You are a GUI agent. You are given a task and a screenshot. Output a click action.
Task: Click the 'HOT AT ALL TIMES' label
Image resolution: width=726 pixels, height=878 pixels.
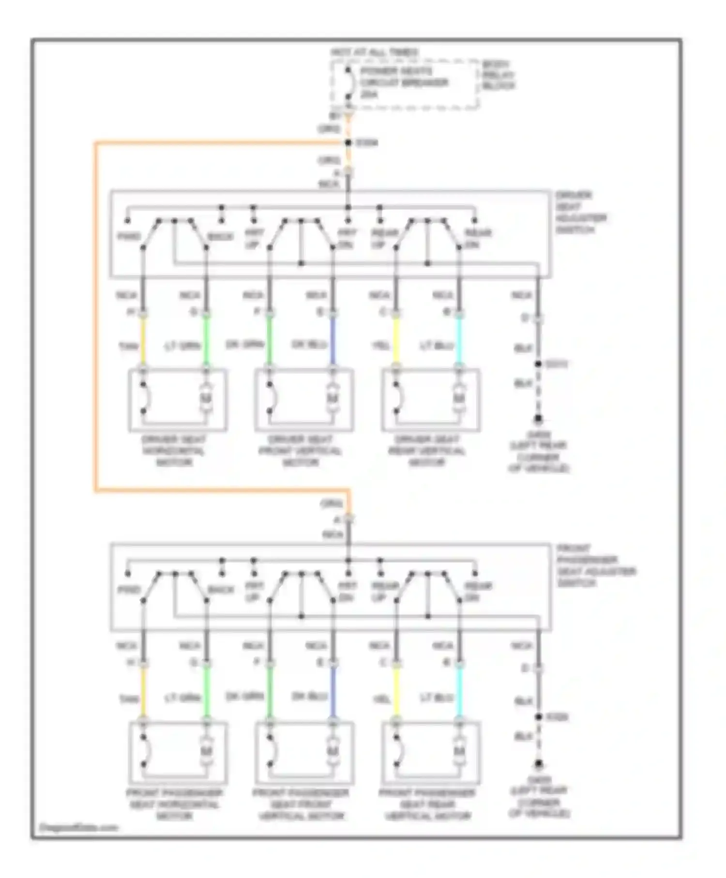[x=375, y=52]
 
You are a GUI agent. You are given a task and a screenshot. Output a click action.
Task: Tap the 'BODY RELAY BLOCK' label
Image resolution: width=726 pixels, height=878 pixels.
[x=498, y=75]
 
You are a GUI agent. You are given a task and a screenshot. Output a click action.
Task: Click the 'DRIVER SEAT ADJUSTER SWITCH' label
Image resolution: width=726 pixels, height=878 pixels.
[x=580, y=212]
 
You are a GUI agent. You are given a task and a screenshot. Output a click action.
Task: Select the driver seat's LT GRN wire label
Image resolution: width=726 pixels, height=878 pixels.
[x=182, y=346]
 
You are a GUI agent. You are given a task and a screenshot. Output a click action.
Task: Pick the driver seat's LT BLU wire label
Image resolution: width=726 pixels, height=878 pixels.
[x=437, y=346]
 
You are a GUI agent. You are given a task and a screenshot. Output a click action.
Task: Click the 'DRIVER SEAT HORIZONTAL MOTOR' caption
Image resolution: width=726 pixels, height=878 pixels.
[x=174, y=451]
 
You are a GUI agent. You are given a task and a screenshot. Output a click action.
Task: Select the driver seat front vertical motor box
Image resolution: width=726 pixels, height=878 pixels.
[x=303, y=400]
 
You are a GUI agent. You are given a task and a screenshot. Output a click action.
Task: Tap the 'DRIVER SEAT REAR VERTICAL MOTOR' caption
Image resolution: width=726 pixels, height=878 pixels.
[x=427, y=451]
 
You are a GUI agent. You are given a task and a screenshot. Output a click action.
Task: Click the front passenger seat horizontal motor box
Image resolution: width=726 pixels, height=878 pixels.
[x=178, y=752]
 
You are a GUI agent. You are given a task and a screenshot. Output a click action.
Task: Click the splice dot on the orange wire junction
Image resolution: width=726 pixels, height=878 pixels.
[x=348, y=143]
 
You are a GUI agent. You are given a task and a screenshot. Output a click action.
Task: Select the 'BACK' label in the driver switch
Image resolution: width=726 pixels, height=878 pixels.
[x=220, y=237]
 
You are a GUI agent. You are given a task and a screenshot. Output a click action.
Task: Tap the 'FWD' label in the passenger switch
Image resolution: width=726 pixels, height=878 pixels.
[x=129, y=590]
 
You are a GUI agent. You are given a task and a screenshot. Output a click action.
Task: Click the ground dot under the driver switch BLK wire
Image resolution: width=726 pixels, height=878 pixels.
[x=538, y=419]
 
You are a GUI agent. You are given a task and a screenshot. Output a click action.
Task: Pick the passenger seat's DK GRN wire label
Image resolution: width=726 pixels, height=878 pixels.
[x=245, y=697]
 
